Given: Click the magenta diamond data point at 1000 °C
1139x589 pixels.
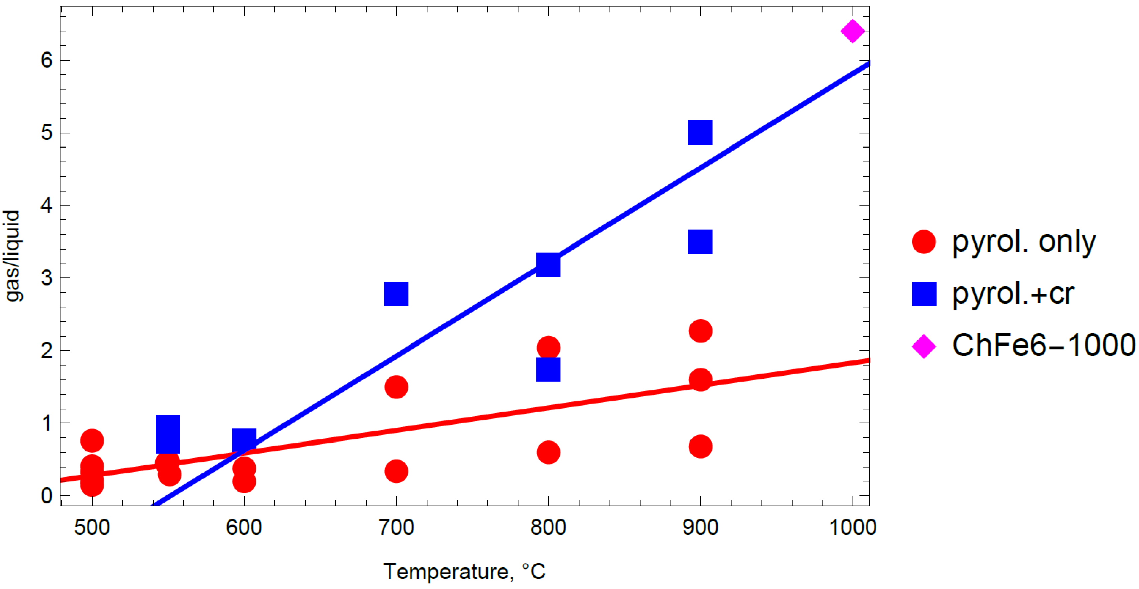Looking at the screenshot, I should point(852,31).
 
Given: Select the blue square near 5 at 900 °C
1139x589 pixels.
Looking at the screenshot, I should point(700,132).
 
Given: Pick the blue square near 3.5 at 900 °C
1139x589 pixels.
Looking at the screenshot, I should point(700,242).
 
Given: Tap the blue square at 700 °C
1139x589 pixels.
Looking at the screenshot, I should point(396,293).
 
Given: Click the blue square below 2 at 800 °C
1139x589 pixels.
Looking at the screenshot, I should point(548,369).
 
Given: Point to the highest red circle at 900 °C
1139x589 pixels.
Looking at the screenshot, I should point(700,331).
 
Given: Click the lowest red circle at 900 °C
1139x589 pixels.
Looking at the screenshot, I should point(700,446).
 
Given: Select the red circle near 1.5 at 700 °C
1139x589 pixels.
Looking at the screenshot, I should point(396,387).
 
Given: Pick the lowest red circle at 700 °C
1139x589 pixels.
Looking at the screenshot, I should point(396,471).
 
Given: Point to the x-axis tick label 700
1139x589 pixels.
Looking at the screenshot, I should point(396,527).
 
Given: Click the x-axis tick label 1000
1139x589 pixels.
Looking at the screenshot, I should point(852,527).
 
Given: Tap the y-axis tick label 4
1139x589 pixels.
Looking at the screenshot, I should point(47,205).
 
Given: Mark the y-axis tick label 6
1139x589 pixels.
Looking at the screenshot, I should point(47,60).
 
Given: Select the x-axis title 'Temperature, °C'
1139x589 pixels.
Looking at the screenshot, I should point(464,571).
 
